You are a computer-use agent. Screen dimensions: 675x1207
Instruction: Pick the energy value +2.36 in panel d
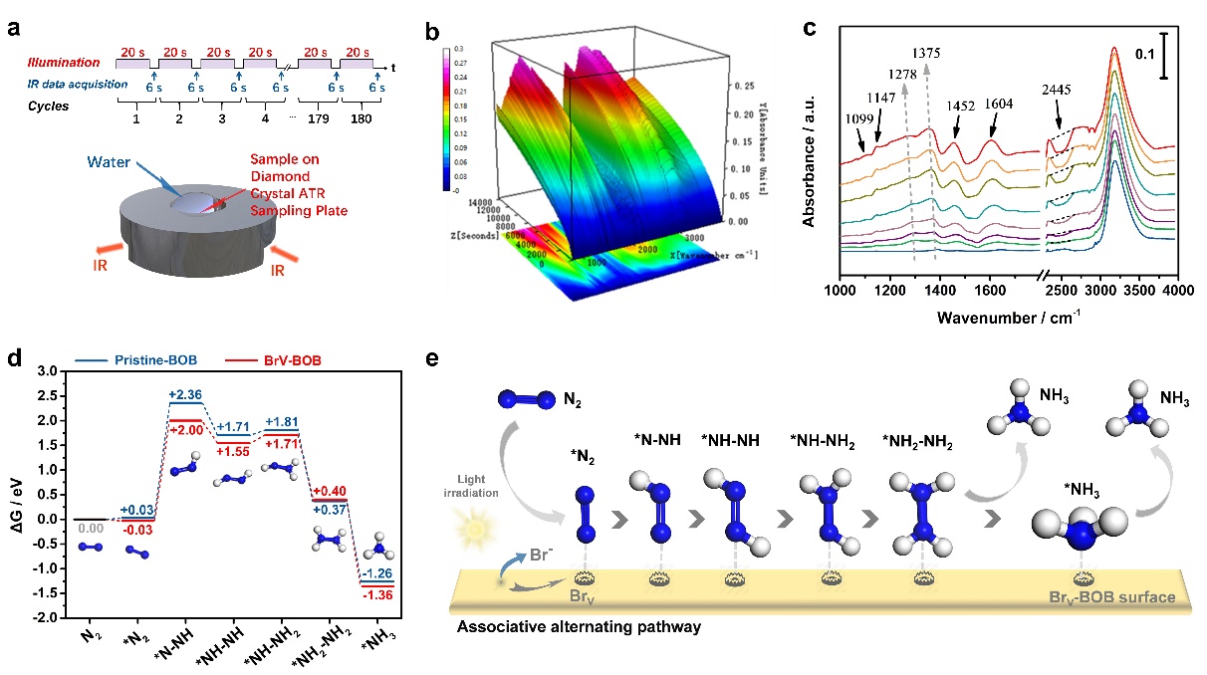[x=187, y=395]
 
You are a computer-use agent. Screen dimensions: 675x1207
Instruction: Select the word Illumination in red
[x=71, y=64]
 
